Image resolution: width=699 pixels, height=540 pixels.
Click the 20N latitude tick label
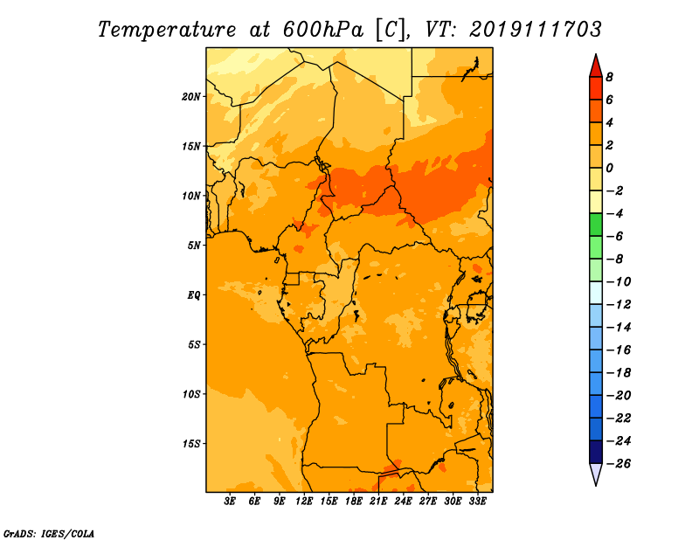190,97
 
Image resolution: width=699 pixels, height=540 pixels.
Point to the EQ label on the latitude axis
193,295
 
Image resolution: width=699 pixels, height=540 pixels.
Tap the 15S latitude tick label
191,444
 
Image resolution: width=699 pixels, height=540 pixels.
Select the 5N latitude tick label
194,246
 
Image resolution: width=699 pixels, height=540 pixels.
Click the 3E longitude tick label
230,501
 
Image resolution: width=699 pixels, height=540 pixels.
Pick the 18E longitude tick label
354,501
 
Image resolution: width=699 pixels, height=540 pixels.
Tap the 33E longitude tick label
477,501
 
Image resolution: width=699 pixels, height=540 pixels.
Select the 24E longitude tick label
403,501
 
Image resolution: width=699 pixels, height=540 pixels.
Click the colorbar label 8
609,77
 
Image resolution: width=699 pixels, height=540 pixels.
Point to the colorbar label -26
619,464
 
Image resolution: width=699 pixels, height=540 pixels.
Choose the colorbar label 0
609,168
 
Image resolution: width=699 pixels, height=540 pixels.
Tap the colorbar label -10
619,282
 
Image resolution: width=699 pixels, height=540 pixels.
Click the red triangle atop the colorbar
596,67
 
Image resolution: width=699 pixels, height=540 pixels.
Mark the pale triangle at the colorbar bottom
596,474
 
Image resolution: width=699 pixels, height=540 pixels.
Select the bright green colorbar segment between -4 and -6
596,225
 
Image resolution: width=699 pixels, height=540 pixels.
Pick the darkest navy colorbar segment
596,452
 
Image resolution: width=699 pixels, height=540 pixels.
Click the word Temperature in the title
167,30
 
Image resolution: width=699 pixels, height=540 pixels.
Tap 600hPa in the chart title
322,30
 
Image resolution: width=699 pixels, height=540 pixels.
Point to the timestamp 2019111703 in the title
536,30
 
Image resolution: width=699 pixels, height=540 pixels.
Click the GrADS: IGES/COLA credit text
49,534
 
